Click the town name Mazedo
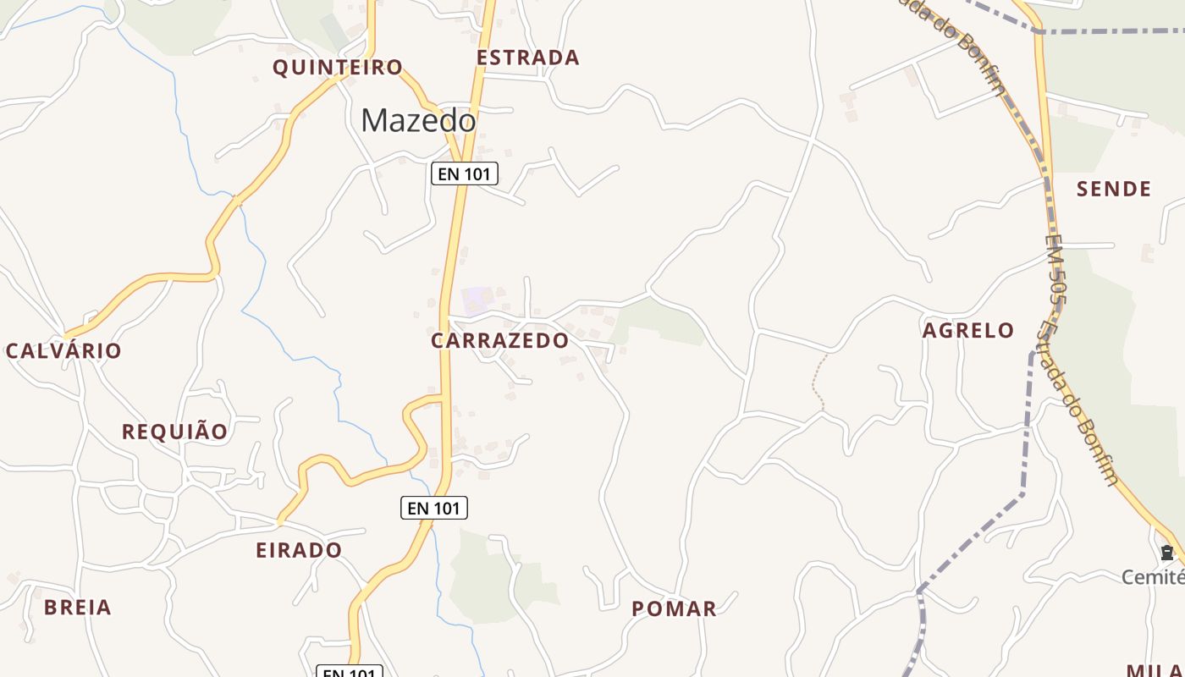pyautogui.click(x=418, y=121)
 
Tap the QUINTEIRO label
pyautogui.click(x=338, y=68)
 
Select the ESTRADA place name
pyautogui.click(x=528, y=58)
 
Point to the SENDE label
pyautogui.click(x=1114, y=189)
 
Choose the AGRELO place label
pyautogui.click(x=968, y=330)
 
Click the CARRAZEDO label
pyautogui.click(x=500, y=340)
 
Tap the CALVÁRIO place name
pyautogui.click(x=63, y=350)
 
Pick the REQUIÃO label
pyautogui.click(x=175, y=432)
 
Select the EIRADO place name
pyautogui.click(x=299, y=550)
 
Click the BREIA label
pyautogui.click(x=78, y=607)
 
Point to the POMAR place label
pyautogui.click(x=674, y=608)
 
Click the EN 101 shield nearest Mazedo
pyautogui.click(x=465, y=174)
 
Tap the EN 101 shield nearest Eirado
pyautogui.click(x=433, y=508)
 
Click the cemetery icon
pyautogui.click(x=1167, y=553)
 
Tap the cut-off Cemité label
pyautogui.click(x=1153, y=577)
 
